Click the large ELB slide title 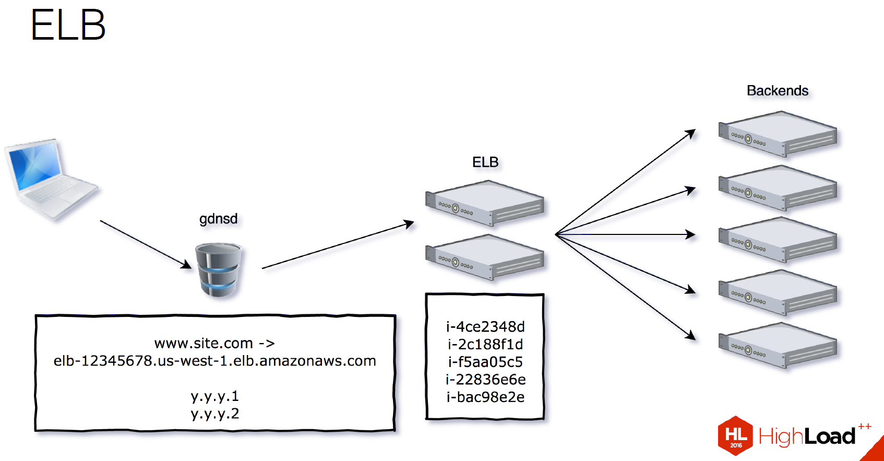click(68, 25)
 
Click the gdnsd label click(218, 218)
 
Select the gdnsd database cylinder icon click(219, 269)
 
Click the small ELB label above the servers click(485, 162)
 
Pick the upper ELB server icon click(485, 203)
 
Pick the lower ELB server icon click(485, 257)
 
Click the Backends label click(777, 91)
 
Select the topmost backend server click(778, 134)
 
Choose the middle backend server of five click(778, 239)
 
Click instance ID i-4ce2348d click(485, 327)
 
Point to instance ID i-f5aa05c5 click(485, 362)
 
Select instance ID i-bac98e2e click(485, 397)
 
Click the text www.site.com click(204, 344)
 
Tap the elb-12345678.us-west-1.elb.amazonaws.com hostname click(214, 361)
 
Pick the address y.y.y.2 click(214, 413)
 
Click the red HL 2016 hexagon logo click(735, 435)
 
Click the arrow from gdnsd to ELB click(338, 245)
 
